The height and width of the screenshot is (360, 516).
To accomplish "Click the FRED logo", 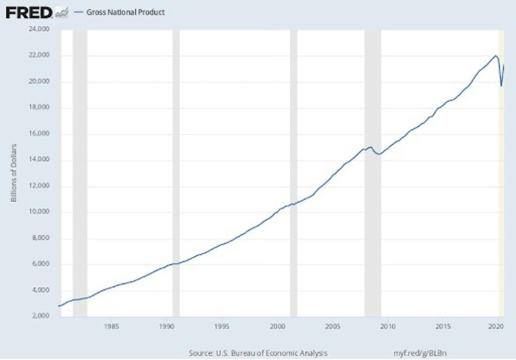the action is click(29, 13).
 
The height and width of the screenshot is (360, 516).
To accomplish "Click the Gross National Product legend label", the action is click(125, 12).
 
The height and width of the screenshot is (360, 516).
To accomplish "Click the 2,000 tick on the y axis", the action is click(41, 316).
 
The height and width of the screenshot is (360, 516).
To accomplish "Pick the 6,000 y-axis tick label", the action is click(41, 264).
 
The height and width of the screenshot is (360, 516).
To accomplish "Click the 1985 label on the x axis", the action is click(111, 327).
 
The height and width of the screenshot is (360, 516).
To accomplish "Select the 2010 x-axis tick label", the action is click(387, 327).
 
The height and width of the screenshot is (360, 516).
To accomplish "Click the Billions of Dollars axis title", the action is click(14, 173).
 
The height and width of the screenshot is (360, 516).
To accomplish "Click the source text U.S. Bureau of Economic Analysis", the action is click(271, 353).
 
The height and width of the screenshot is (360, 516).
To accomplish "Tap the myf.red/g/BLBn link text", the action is click(420, 353).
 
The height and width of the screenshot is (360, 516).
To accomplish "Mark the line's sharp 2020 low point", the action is click(501, 86).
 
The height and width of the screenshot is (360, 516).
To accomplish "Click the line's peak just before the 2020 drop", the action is click(495, 55).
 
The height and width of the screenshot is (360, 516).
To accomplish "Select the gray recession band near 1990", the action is click(176, 173).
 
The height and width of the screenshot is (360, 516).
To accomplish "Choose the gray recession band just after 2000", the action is click(293, 173).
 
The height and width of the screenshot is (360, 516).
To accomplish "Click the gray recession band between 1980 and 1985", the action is click(80, 173).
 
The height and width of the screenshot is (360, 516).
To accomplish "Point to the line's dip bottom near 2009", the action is click(379, 154).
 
